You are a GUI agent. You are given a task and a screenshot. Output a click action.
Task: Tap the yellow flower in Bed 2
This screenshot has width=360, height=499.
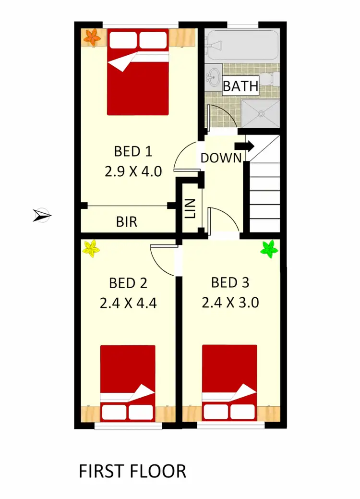(x=91, y=249)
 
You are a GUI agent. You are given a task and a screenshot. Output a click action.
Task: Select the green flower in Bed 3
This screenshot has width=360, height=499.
(x=269, y=249)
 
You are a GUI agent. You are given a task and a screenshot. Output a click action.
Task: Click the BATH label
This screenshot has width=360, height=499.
(x=240, y=86)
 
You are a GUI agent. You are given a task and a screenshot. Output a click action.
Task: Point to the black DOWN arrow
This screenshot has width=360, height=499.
(x=245, y=146)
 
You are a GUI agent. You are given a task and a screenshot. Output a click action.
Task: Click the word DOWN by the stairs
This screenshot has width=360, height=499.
(x=221, y=158)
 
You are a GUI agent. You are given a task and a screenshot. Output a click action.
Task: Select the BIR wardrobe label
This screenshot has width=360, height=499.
(x=127, y=222)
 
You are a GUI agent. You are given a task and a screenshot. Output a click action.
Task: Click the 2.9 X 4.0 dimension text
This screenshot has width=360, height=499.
(x=133, y=171)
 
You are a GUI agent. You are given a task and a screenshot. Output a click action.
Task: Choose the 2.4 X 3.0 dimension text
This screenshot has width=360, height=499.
(x=230, y=303)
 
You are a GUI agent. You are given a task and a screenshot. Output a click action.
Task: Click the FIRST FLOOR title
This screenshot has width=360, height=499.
(x=132, y=471)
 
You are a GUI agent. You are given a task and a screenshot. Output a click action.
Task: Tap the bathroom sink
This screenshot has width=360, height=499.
(x=214, y=76)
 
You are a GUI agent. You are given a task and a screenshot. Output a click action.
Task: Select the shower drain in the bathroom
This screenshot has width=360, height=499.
(x=262, y=114)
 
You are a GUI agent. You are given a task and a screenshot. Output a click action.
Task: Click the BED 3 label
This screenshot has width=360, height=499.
(x=230, y=283)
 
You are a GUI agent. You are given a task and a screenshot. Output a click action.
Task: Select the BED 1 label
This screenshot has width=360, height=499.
(x=133, y=151)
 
